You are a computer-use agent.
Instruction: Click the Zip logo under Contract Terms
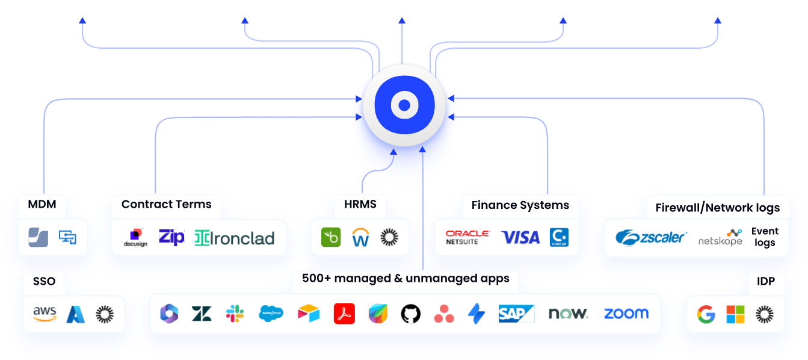click(x=171, y=237)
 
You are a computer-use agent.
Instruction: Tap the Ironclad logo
click(x=234, y=238)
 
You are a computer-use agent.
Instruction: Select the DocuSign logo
click(x=135, y=238)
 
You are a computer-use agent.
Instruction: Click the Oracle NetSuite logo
click(x=467, y=237)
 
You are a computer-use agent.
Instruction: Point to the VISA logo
click(x=520, y=238)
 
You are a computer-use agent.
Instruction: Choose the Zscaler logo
click(x=650, y=237)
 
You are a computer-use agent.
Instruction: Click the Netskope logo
click(x=720, y=238)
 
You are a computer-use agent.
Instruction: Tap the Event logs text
click(x=765, y=237)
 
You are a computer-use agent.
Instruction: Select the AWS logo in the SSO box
click(x=45, y=314)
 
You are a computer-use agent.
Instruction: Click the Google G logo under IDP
click(x=706, y=314)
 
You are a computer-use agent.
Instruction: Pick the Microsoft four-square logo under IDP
click(x=735, y=314)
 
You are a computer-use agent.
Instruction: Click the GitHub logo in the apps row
click(x=410, y=314)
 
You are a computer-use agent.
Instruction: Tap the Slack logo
click(x=235, y=314)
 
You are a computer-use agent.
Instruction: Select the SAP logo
click(x=516, y=314)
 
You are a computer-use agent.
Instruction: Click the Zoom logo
click(x=626, y=314)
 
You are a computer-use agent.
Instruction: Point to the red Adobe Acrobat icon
click(x=344, y=314)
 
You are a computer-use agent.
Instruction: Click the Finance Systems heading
click(x=520, y=205)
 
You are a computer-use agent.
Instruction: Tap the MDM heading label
click(x=42, y=204)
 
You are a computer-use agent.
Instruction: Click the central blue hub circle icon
click(x=404, y=105)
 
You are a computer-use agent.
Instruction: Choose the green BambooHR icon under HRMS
click(x=331, y=238)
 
